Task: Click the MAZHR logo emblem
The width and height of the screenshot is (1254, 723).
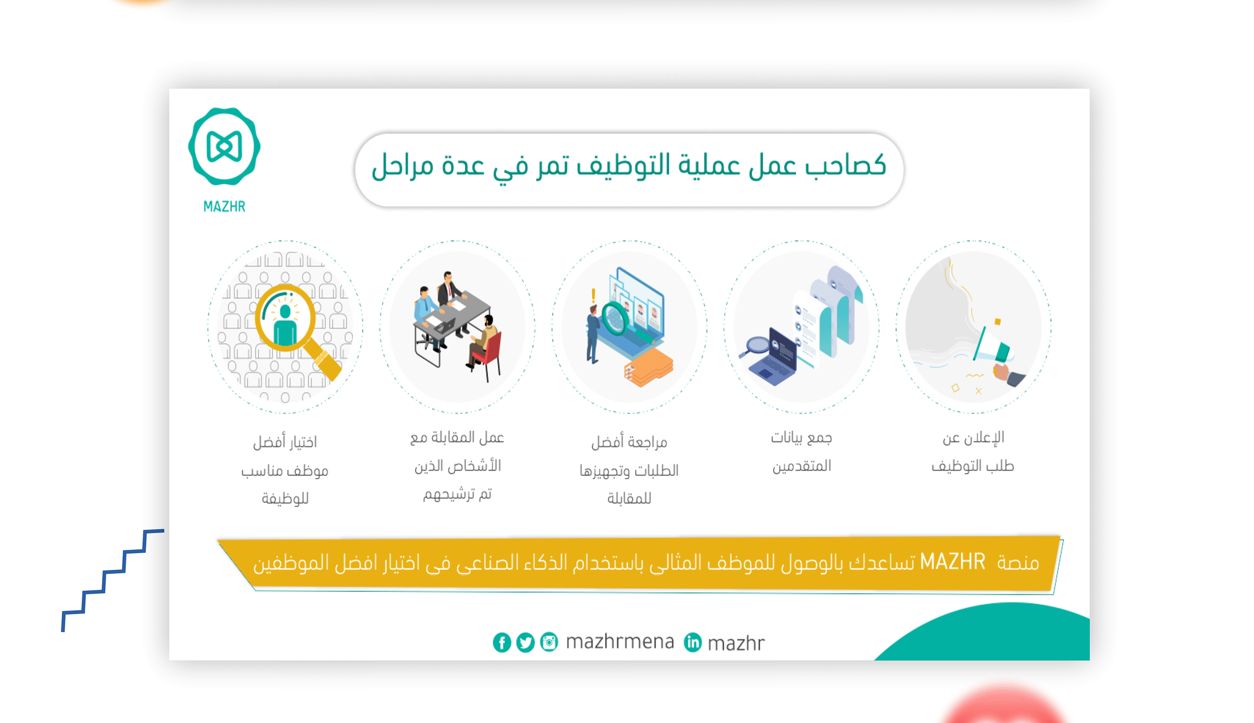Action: point(224,146)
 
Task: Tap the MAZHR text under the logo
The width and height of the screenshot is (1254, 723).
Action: point(224,206)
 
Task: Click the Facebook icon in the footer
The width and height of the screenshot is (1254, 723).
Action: point(502,642)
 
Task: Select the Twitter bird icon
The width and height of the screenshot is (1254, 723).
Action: point(525,642)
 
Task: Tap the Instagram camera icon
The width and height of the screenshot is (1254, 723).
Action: point(549,642)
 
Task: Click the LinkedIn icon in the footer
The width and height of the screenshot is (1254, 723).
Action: point(692,642)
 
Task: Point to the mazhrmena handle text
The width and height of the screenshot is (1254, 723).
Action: point(620,642)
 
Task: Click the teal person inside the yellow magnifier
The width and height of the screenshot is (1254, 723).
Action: point(285,326)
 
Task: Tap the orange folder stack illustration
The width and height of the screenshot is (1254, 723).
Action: point(648,368)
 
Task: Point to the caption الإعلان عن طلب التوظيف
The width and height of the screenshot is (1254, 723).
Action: point(973,451)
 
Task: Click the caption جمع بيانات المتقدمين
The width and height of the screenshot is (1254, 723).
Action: point(801,451)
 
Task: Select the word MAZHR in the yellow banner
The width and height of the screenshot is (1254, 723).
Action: point(952,562)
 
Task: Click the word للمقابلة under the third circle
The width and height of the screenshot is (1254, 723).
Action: point(629,498)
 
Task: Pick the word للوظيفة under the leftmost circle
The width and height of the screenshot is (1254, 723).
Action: point(285,498)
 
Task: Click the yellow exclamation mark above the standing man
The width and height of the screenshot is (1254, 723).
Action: point(593,296)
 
